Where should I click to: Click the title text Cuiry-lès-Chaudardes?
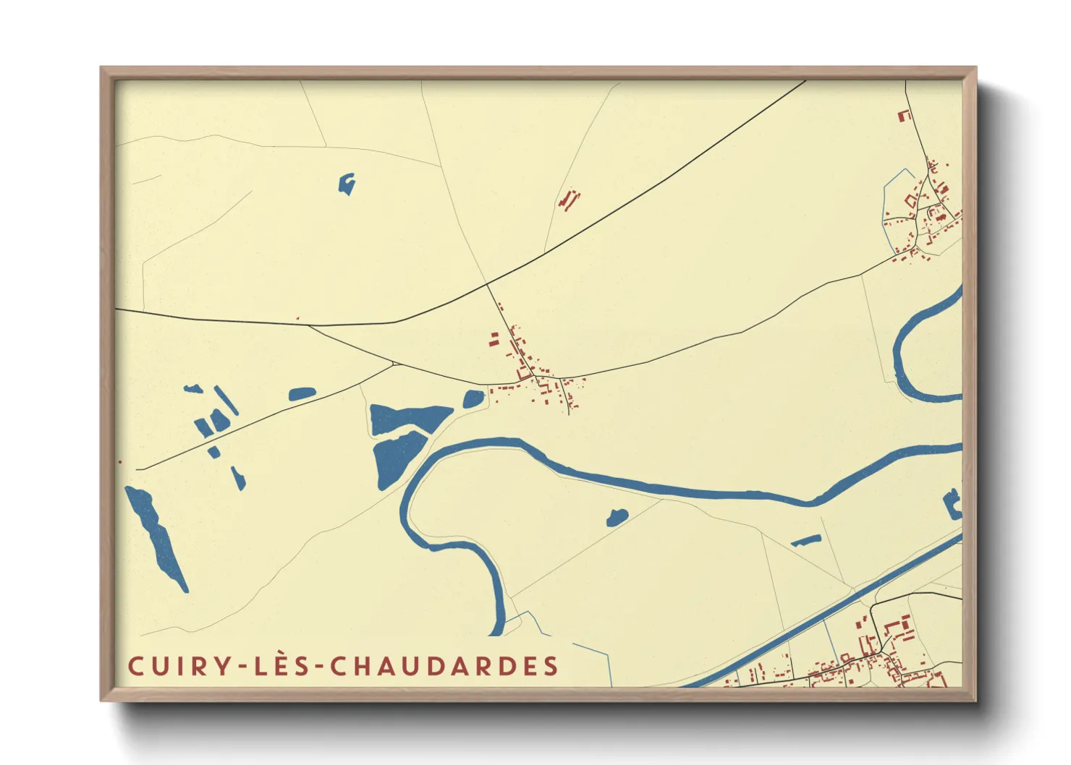pyautogui.click(x=343, y=666)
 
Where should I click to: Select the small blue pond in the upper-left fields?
pyautogui.click(x=347, y=184)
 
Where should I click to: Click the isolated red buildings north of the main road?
pyautogui.click(x=570, y=200)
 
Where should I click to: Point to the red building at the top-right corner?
pyautogui.click(x=903, y=115)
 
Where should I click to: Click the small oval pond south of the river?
pyautogui.click(x=617, y=516)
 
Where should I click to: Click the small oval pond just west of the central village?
pyautogui.click(x=473, y=398)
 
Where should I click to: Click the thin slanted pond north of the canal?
pyautogui.click(x=805, y=540)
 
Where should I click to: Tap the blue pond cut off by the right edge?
pyautogui.click(x=953, y=504)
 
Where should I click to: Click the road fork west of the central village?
pyautogui.click(x=393, y=362)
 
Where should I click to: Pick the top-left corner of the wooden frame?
pyautogui.click(x=103, y=69)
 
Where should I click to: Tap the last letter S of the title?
pyautogui.click(x=552, y=666)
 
